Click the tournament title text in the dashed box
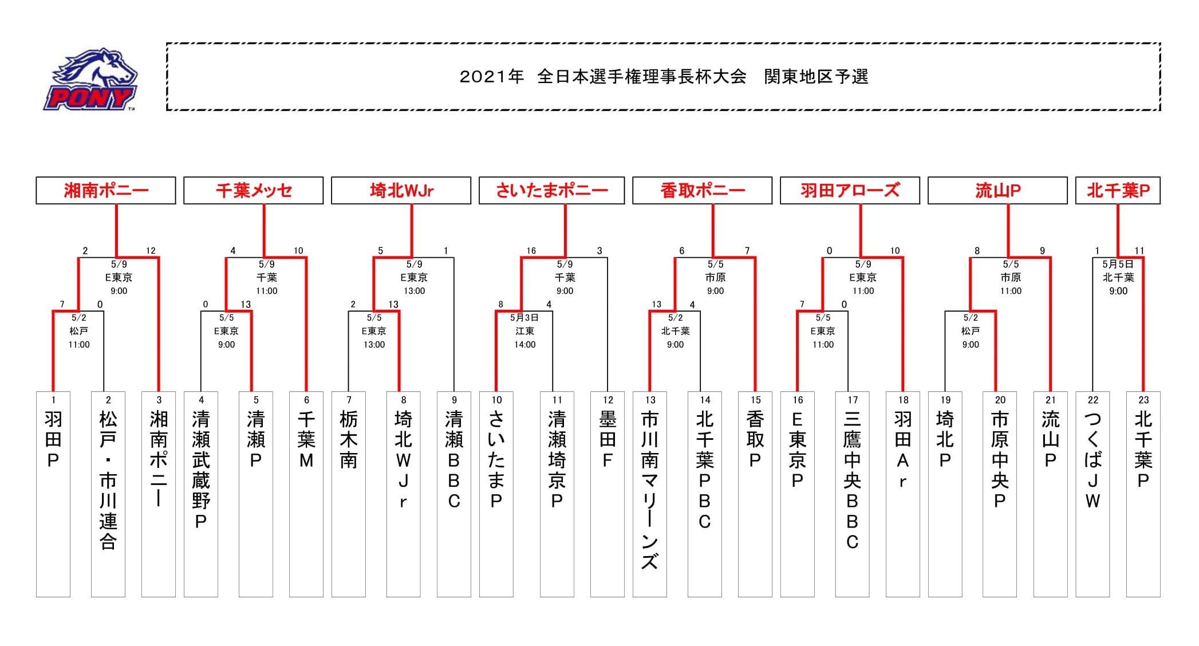[x=664, y=77]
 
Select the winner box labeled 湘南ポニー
[x=106, y=190]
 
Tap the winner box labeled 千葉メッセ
[x=253, y=190]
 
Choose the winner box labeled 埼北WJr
[x=401, y=190]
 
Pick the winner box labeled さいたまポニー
[x=551, y=190]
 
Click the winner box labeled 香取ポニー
[x=702, y=190]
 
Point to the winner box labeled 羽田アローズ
[x=850, y=190]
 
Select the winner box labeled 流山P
[x=997, y=190]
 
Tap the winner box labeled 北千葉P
[x=1118, y=190]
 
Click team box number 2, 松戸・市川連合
[x=108, y=494]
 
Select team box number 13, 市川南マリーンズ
[x=650, y=494]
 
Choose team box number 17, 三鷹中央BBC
[x=853, y=494]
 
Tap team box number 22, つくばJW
[x=1092, y=494]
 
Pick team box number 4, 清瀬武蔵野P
[x=201, y=494]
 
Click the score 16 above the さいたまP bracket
[x=531, y=251]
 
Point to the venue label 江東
[x=524, y=331]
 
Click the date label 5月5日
[x=1118, y=264]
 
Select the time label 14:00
[x=524, y=345]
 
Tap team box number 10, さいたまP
[x=496, y=494]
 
